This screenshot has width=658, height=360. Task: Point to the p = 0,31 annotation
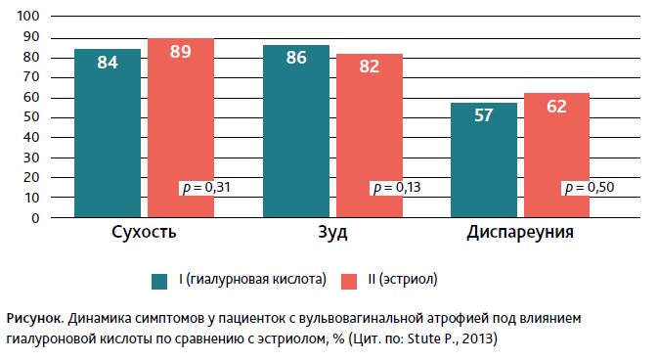coord(206,187)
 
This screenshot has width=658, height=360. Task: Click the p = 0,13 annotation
coord(395,187)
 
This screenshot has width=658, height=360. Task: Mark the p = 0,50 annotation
coord(585,187)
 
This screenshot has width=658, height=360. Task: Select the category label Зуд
coord(332,235)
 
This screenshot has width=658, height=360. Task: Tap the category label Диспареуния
coord(520,235)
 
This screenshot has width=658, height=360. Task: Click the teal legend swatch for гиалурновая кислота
coord(160,281)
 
